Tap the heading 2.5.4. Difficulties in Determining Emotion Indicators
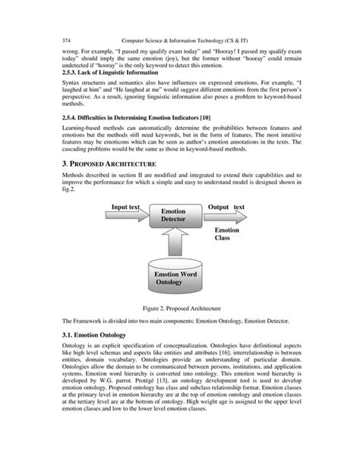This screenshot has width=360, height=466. pos(134,118)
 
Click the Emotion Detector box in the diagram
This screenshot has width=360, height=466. pos(172,216)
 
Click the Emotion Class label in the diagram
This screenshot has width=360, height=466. pos(226,234)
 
